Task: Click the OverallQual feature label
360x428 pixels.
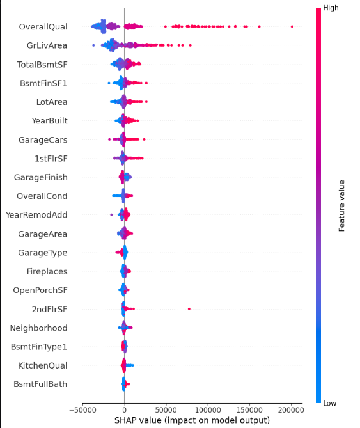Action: (x=43, y=27)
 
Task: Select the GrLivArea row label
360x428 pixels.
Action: (x=47, y=45)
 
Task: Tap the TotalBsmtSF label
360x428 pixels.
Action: (x=42, y=65)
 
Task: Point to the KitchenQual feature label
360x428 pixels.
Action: (x=43, y=365)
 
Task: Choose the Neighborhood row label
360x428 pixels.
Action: (x=39, y=328)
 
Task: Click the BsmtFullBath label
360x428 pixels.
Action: (x=40, y=384)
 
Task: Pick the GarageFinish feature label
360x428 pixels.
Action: (x=41, y=177)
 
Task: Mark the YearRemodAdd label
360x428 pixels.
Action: (x=36, y=215)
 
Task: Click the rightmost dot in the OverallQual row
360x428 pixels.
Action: (x=292, y=26)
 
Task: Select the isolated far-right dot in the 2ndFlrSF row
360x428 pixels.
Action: (x=189, y=309)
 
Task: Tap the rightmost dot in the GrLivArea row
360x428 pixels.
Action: (x=191, y=45)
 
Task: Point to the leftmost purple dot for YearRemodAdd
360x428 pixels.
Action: (x=111, y=215)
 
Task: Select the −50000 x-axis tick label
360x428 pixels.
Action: (x=82, y=410)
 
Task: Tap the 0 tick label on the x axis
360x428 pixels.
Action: (x=124, y=410)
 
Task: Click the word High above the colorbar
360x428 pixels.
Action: (x=331, y=8)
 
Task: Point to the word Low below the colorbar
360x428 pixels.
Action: (x=330, y=403)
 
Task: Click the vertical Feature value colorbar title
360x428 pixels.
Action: (x=341, y=206)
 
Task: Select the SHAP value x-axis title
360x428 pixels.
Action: (x=192, y=420)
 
